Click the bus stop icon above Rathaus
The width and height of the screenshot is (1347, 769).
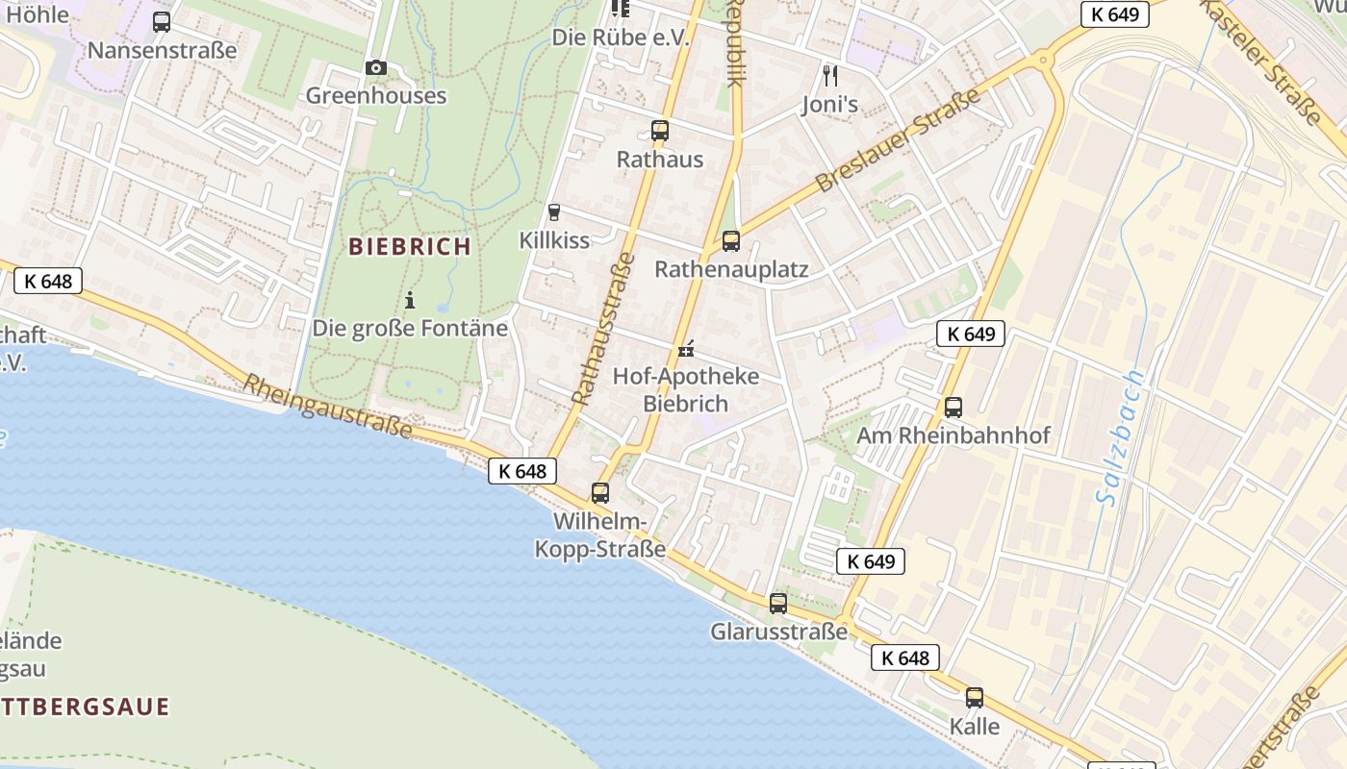click(659, 131)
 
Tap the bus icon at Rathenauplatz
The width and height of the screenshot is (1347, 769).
click(731, 240)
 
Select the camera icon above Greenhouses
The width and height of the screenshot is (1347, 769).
click(376, 67)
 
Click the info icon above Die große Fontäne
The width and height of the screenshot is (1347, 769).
click(410, 300)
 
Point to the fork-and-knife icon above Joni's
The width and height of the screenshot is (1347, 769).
click(830, 75)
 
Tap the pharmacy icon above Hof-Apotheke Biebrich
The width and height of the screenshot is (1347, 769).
click(686, 349)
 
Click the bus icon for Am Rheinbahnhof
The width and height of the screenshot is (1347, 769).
click(953, 407)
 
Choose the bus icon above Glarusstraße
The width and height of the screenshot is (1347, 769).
click(778, 604)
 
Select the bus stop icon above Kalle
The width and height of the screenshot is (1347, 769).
click(975, 698)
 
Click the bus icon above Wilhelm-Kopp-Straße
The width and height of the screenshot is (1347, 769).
click(600, 493)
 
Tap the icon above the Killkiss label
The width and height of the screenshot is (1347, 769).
click(553, 212)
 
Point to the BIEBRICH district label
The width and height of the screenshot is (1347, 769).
click(410, 246)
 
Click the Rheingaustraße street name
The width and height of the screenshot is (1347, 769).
click(327, 406)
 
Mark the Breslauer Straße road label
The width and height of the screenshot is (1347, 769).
click(897, 140)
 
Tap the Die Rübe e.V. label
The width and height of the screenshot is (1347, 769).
click(621, 37)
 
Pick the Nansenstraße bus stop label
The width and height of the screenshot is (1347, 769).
click(162, 50)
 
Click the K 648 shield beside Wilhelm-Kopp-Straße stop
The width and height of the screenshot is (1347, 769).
click(522, 471)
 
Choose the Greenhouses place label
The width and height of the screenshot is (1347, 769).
click(376, 95)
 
